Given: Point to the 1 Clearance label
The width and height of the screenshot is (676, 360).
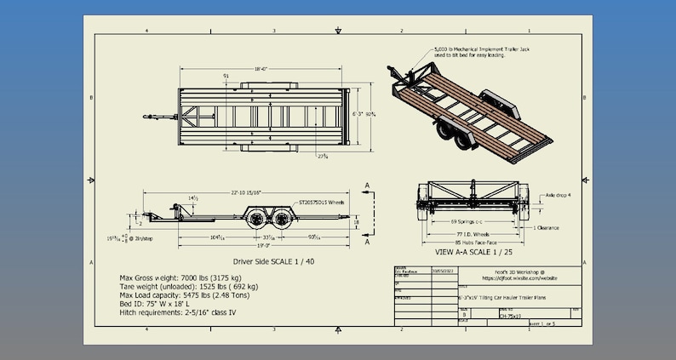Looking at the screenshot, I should [550, 229].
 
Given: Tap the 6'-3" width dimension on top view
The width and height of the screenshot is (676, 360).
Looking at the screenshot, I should [361, 112].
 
